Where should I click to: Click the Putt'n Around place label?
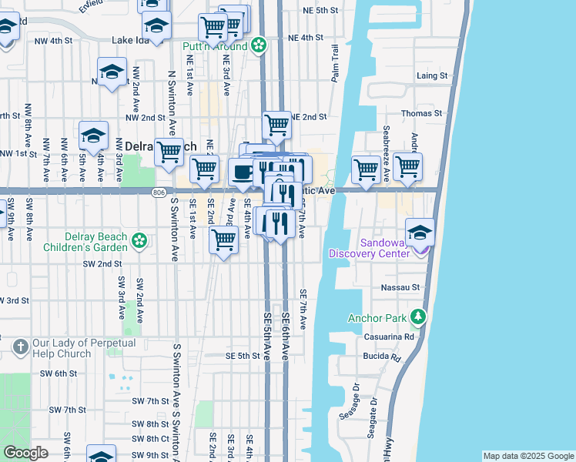215,47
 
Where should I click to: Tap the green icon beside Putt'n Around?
260,46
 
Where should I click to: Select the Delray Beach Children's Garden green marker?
139,241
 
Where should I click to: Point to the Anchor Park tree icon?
418,316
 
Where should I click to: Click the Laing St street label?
432,75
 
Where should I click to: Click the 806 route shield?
159,191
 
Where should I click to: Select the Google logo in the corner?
25,453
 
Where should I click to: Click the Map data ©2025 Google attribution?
527,456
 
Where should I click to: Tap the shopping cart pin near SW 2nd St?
223,239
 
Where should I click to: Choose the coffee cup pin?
243,172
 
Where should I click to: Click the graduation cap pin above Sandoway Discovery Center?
420,232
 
